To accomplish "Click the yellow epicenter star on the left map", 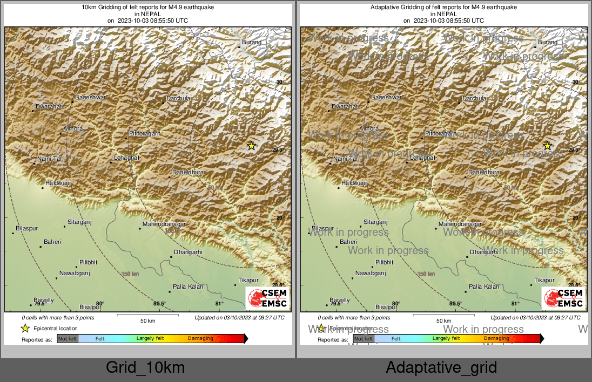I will click(x=251, y=146).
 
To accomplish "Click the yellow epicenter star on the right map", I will click(x=547, y=146).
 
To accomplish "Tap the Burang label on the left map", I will click(x=252, y=42).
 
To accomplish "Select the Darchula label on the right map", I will click(x=474, y=99).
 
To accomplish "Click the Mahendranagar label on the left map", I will click(x=164, y=224).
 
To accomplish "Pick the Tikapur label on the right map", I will click(x=544, y=281).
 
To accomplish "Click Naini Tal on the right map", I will click(x=345, y=159).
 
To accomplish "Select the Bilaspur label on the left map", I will click(x=27, y=229).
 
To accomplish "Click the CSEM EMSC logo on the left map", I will click(x=267, y=298).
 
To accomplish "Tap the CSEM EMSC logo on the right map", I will click(x=563, y=298).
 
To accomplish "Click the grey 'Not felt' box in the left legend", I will click(x=68, y=339).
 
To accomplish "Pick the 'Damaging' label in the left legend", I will click(x=200, y=339).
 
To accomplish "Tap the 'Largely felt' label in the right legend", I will click(x=446, y=339).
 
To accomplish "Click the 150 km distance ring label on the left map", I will click(x=130, y=274).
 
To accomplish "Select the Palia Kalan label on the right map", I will click(x=484, y=287).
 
